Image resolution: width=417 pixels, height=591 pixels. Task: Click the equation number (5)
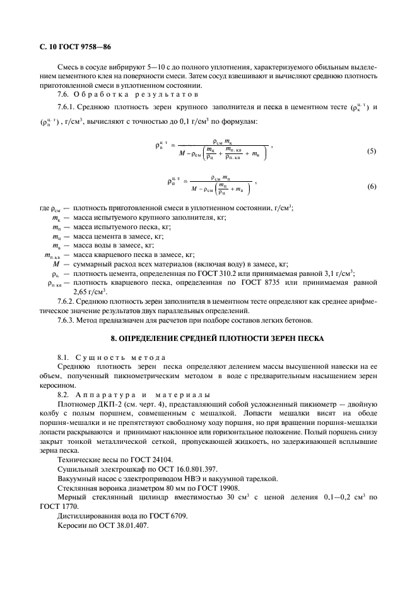(x=372, y=152)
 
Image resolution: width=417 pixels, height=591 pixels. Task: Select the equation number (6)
(x=372, y=188)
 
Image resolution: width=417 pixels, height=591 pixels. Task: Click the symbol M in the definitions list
(x=56, y=264)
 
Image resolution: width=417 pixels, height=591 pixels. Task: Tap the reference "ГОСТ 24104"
(x=140, y=460)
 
